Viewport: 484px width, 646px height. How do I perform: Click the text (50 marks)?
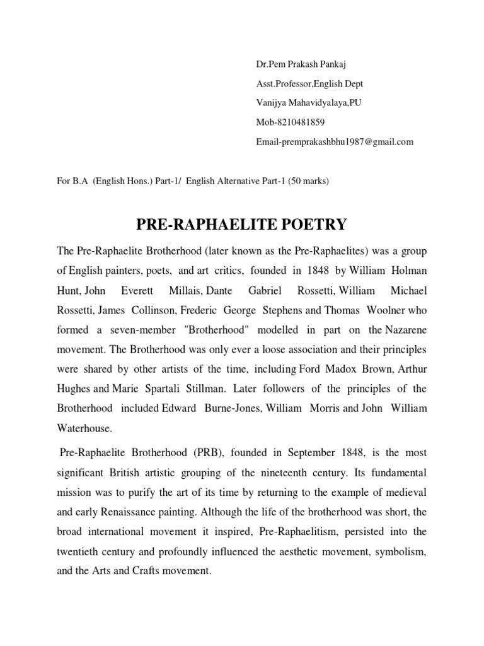tap(309, 180)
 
